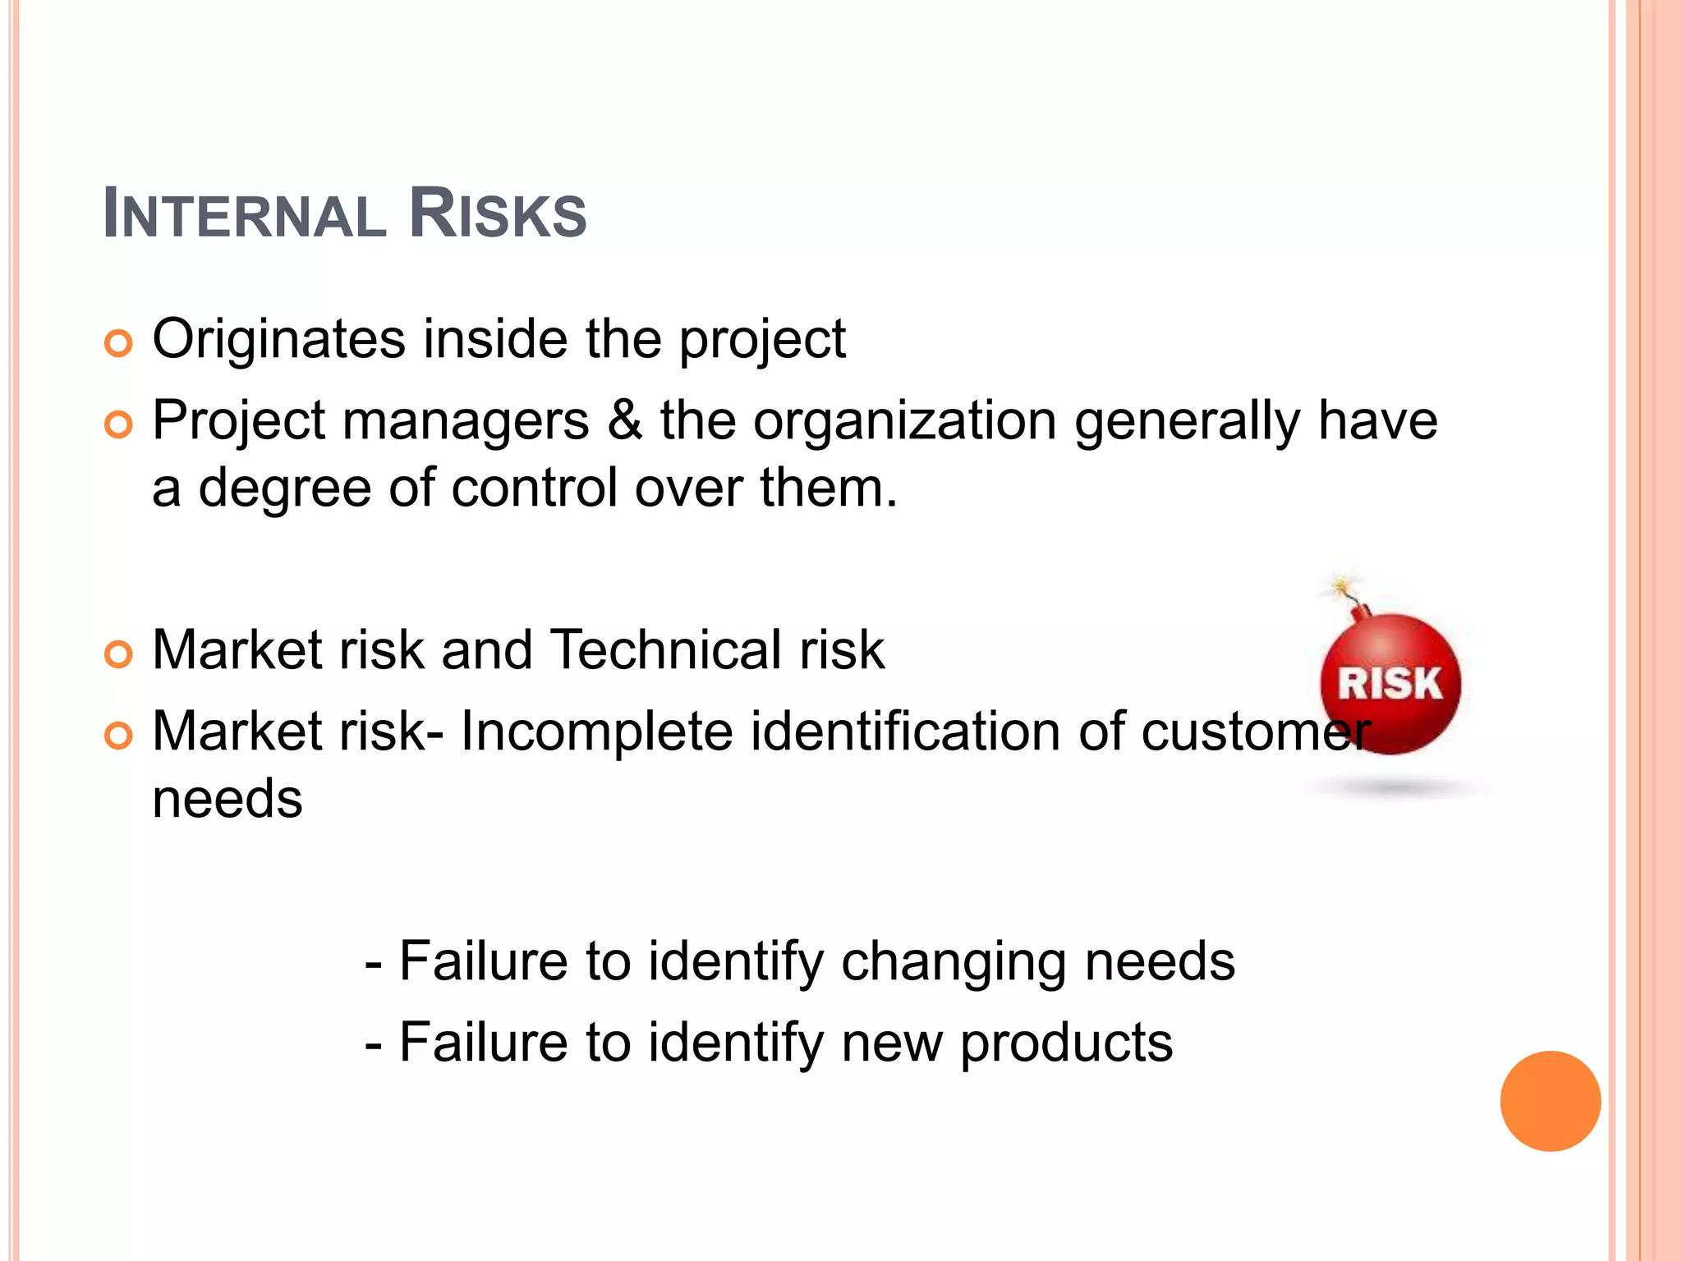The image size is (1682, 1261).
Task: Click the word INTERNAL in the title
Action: click(245, 215)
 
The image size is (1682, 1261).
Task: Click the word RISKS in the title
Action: click(498, 215)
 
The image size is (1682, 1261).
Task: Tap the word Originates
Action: click(279, 339)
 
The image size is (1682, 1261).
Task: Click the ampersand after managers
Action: click(625, 421)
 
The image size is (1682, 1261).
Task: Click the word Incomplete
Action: click(597, 731)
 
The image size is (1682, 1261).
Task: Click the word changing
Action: click(954, 962)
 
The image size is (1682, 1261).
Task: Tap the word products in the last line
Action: click(1066, 1043)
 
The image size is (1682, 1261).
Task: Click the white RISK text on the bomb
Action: click(1390, 684)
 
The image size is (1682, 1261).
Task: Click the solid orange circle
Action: click(1550, 1101)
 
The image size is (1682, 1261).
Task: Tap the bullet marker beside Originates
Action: click(119, 343)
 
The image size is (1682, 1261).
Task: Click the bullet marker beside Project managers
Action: click(119, 424)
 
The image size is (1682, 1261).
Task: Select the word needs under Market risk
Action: click(227, 799)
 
